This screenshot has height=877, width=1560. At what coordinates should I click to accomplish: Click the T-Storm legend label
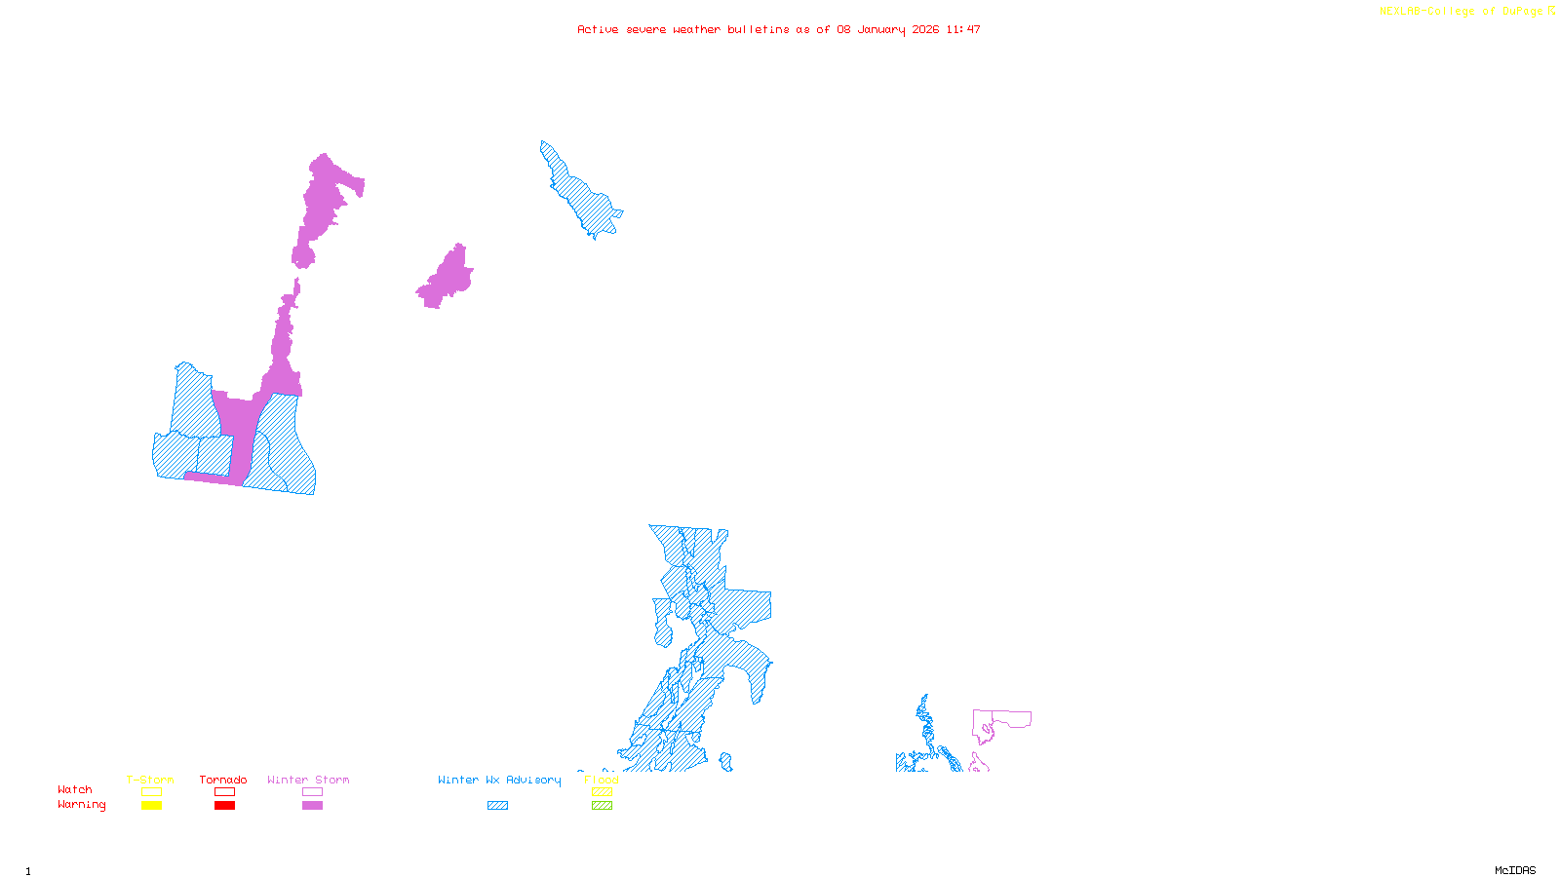[150, 780]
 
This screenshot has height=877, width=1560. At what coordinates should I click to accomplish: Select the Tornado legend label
[223, 780]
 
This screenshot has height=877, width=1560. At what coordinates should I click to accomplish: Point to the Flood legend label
[602, 780]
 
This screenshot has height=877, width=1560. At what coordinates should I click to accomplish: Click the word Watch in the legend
[75, 789]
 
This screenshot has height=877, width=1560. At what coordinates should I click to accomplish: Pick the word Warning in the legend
[82, 805]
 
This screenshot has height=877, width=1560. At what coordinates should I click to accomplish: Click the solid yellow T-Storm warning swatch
[151, 806]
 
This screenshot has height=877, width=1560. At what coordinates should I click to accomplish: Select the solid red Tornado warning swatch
[224, 806]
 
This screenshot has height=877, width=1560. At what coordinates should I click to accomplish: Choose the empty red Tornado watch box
[224, 792]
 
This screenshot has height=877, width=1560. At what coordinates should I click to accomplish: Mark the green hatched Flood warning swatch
[603, 806]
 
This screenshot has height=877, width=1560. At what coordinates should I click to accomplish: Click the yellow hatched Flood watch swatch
[603, 792]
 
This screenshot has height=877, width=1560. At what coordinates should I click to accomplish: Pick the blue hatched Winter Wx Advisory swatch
[497, 806]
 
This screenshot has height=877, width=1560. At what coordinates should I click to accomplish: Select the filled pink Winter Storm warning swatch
[312, 806]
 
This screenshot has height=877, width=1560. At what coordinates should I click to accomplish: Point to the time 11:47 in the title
[963, 29]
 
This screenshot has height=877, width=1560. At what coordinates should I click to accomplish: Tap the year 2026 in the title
[925, 29]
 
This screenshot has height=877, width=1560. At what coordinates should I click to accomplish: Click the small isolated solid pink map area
[447, 279]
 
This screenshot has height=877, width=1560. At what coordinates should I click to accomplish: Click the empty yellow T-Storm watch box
[151, 792]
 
